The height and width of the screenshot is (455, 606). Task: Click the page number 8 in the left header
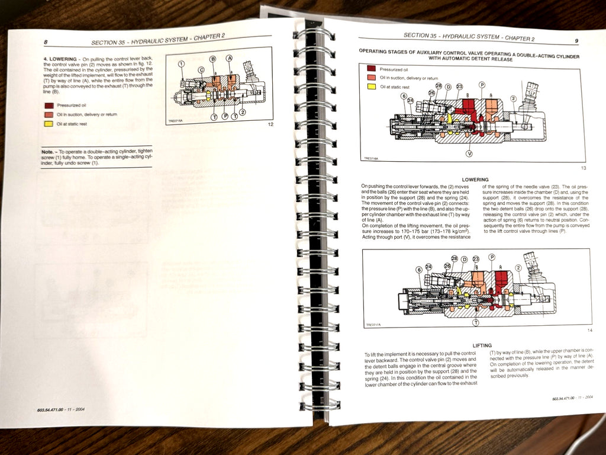coord(46,42)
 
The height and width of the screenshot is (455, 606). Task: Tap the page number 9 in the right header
coord(576,40)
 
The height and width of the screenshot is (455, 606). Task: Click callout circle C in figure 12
coord(201,70)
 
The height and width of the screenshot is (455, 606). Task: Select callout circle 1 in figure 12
coord(181,63)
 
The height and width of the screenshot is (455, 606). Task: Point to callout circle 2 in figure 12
coord(243,111)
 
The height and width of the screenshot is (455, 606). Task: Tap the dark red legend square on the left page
coord(48,105)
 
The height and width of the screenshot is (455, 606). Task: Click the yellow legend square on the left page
coord(48,124)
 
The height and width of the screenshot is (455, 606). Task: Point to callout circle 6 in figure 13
coord(404,96)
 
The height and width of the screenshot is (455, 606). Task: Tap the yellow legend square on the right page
coord(371,87)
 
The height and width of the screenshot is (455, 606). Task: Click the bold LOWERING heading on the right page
coord(475,180)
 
